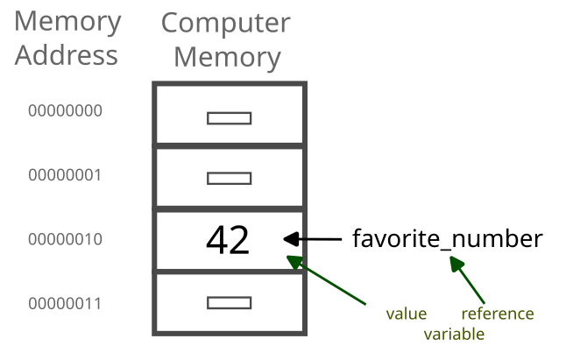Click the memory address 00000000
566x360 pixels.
65,111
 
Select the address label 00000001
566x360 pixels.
65,175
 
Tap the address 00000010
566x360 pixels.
65,239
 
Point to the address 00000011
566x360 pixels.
65,304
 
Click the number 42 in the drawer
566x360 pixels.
228,239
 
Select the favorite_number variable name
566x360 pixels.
448,238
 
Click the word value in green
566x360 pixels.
407,314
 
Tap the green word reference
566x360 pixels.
497,314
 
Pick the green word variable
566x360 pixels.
454,334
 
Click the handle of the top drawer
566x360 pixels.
230,118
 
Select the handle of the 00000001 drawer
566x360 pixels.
230,179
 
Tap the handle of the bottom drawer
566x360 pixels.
230,303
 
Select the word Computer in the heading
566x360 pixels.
225,24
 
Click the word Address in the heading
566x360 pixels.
67,55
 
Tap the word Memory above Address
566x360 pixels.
68,21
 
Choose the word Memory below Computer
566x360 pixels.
227,57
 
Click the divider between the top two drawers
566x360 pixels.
230,145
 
